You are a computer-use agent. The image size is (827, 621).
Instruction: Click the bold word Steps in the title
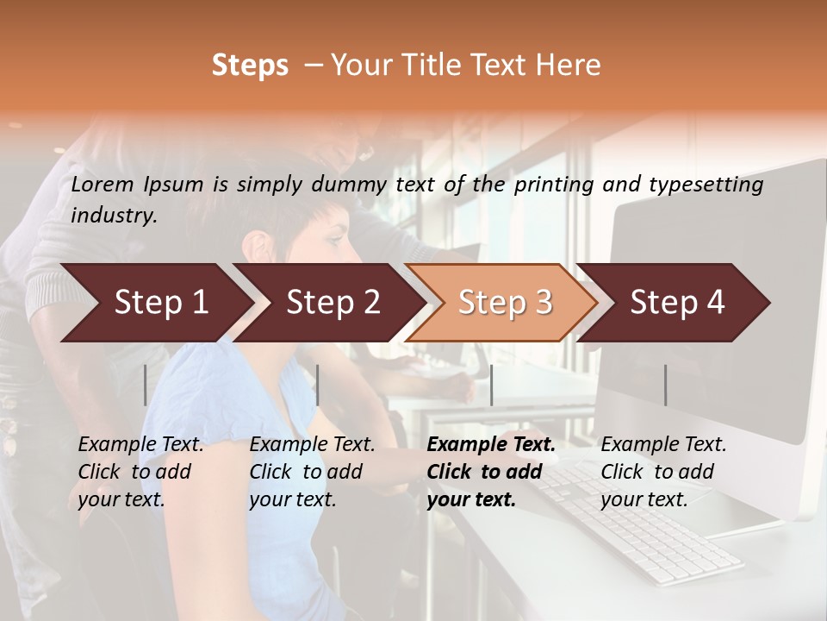(250, 66)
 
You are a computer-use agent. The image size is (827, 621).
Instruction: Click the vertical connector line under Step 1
(146, 385)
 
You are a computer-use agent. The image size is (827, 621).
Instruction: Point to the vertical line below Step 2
(318, 385)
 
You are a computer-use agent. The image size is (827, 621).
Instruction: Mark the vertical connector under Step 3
(491, 385)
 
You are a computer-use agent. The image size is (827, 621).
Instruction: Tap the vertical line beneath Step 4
(665, 385)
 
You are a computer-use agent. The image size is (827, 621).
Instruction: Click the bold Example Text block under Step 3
(491, 472)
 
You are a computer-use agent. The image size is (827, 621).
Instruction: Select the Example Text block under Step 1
(140, 472)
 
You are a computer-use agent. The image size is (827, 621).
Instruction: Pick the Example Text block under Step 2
(312, 472)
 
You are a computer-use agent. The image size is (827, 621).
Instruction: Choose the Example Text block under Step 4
(663, 472)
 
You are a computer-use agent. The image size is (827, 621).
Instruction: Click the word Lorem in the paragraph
(102, 185)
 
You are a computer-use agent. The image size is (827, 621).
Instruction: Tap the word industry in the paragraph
(114, 216)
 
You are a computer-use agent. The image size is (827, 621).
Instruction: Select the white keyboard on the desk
(655, 526)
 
